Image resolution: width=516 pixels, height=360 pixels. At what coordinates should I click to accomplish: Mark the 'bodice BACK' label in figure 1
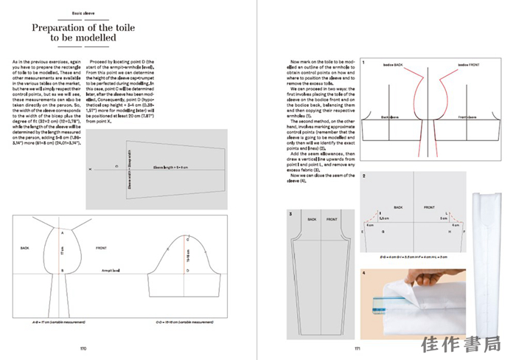(x=392, y=65)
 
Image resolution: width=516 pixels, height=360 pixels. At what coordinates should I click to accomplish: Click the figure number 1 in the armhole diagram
(x=363, y=64)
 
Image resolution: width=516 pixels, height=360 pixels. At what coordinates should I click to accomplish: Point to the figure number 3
(x=290, y=214)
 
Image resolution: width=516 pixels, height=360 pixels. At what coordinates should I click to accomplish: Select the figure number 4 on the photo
(x=364, y=272)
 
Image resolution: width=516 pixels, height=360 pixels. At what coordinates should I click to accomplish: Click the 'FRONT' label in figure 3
(x=332, y=219)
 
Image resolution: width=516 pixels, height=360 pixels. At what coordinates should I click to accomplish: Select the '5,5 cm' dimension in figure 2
(x=384, y=218)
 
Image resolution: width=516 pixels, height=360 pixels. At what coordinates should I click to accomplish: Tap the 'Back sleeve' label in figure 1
(x=390, y=117)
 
